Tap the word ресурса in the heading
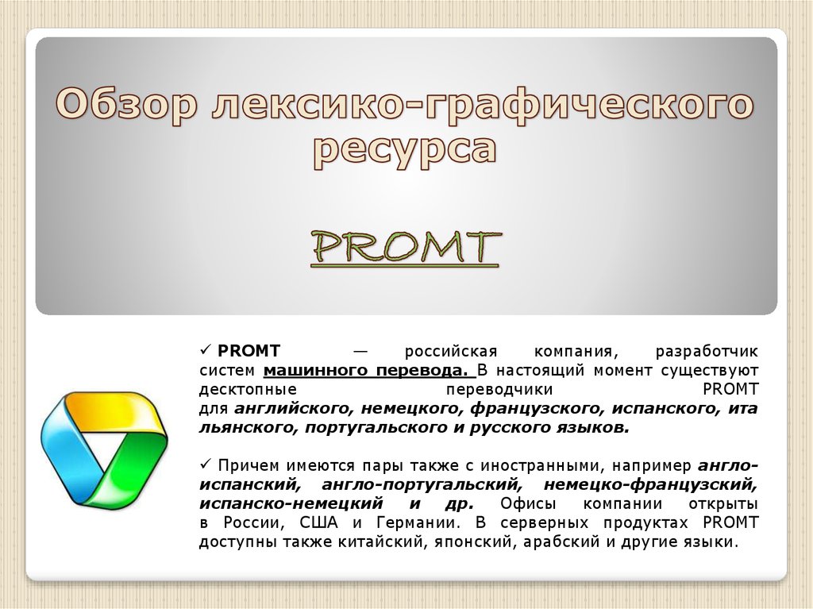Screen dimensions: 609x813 [405, 148]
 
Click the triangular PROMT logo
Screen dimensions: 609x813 [103, 449]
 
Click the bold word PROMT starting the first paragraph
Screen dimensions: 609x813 [244, 351]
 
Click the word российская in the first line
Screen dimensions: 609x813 [450, 351]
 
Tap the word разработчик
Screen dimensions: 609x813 [707, 351]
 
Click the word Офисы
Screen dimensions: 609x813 [527, 504]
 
